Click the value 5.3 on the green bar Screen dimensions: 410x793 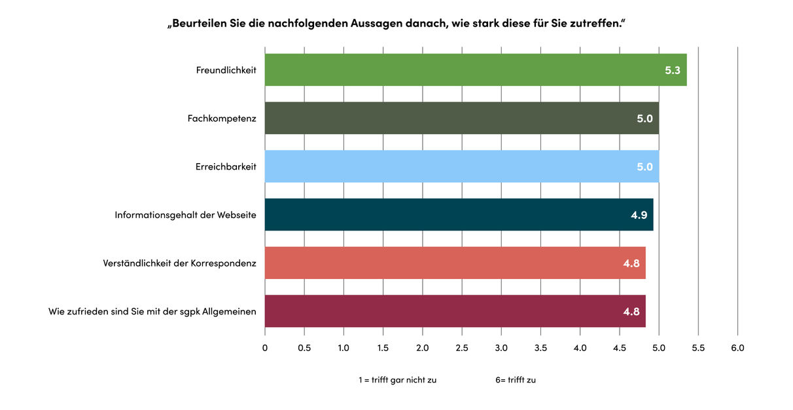pos(673,70)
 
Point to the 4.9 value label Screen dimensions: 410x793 pos(639,215)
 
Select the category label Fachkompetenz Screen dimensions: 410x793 pos(222,119)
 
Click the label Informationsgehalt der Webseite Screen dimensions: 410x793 pos(185,215)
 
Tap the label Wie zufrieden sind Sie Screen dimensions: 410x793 pos(152,311)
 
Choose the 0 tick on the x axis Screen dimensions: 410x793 pos(265,348)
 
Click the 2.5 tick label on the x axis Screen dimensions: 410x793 pos(462,348)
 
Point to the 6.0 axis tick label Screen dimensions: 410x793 pos(737,348)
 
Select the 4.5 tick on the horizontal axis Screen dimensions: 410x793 pos(620,348)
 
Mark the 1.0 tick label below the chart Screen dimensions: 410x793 pos(344,348)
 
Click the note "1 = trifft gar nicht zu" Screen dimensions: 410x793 pos(397,380)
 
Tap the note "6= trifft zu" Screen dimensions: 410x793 pos(516,380)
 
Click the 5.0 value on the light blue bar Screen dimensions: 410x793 pos(644,166)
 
